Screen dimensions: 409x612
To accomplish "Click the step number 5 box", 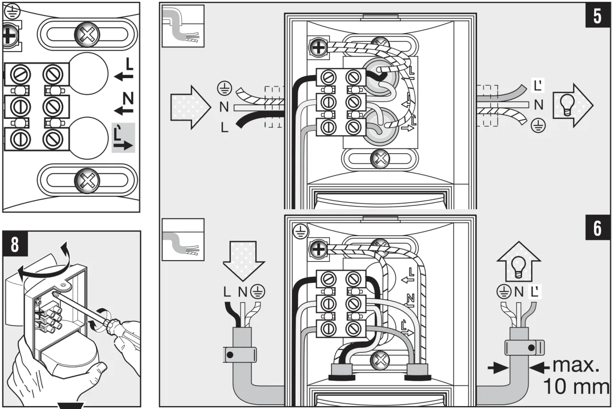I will pos(597,16).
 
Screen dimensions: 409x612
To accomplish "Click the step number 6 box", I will pos(597,229).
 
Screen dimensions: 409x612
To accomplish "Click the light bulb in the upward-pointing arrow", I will pos(519,268).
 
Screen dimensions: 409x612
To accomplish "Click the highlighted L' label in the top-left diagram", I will pos(123,138).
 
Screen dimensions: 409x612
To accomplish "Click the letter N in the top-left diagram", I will pos(128,99).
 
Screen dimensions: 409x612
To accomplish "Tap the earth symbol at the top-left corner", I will pos(9,8).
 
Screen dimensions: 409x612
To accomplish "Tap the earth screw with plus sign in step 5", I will pos(317,47).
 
